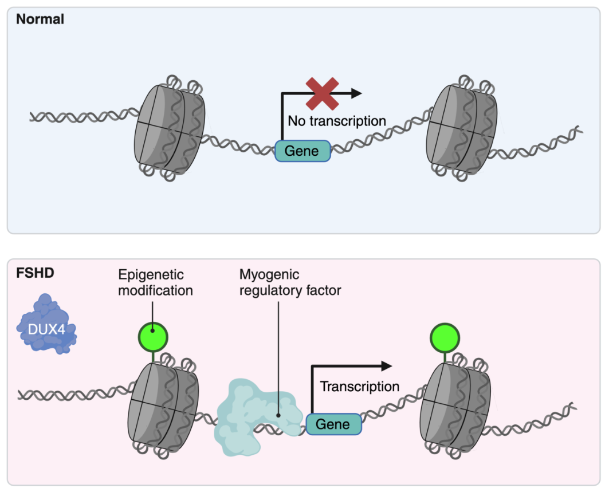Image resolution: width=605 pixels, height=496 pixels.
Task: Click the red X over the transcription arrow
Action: pyautogui.click(x=322, y=94)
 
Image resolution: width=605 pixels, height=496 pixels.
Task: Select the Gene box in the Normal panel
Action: pyautogui.click(x=302, y=151)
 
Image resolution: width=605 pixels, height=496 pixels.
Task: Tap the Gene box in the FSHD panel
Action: pyautogui.click(x=334, y=424)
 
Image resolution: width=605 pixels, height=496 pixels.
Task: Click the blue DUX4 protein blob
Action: pyautogui.click(x=46, y=324)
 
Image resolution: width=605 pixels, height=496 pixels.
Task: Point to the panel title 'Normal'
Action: pyautogui.click(x=40, y=19)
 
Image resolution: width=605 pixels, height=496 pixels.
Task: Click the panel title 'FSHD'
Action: pyautogui.click(x=35, y=273)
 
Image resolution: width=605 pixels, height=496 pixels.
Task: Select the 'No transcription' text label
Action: pyautogui.click(x=337, y=121)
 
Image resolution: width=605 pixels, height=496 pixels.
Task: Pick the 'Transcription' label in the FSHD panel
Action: pyautogui.click(x=360, y=387)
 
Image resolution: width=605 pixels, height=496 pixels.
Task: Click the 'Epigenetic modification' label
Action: pyautogui.click(x=155, y=282)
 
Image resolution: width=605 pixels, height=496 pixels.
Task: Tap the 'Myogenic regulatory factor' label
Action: pyautogui.click(x=290, y=282)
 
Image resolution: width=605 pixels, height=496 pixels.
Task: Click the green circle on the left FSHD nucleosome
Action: pyautogui.click(x=153, y=337)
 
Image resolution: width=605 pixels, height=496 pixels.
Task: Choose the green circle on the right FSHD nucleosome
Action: pyautogui.click(x=445, y=337)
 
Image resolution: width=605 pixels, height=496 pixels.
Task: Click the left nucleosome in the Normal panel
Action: pyautogui.click(x=170, y=128)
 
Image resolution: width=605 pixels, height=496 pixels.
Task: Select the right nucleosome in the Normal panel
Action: pyautogui.click(x=462, y=128)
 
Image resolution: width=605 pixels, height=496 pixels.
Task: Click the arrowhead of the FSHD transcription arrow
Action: pyautogui.click(x=387, y=366)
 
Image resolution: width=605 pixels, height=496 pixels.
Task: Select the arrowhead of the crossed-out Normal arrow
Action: pyautogui.click(x=356, y=93)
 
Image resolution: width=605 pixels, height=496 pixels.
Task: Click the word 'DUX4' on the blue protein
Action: pyautogui.click(x=46, y=329)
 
